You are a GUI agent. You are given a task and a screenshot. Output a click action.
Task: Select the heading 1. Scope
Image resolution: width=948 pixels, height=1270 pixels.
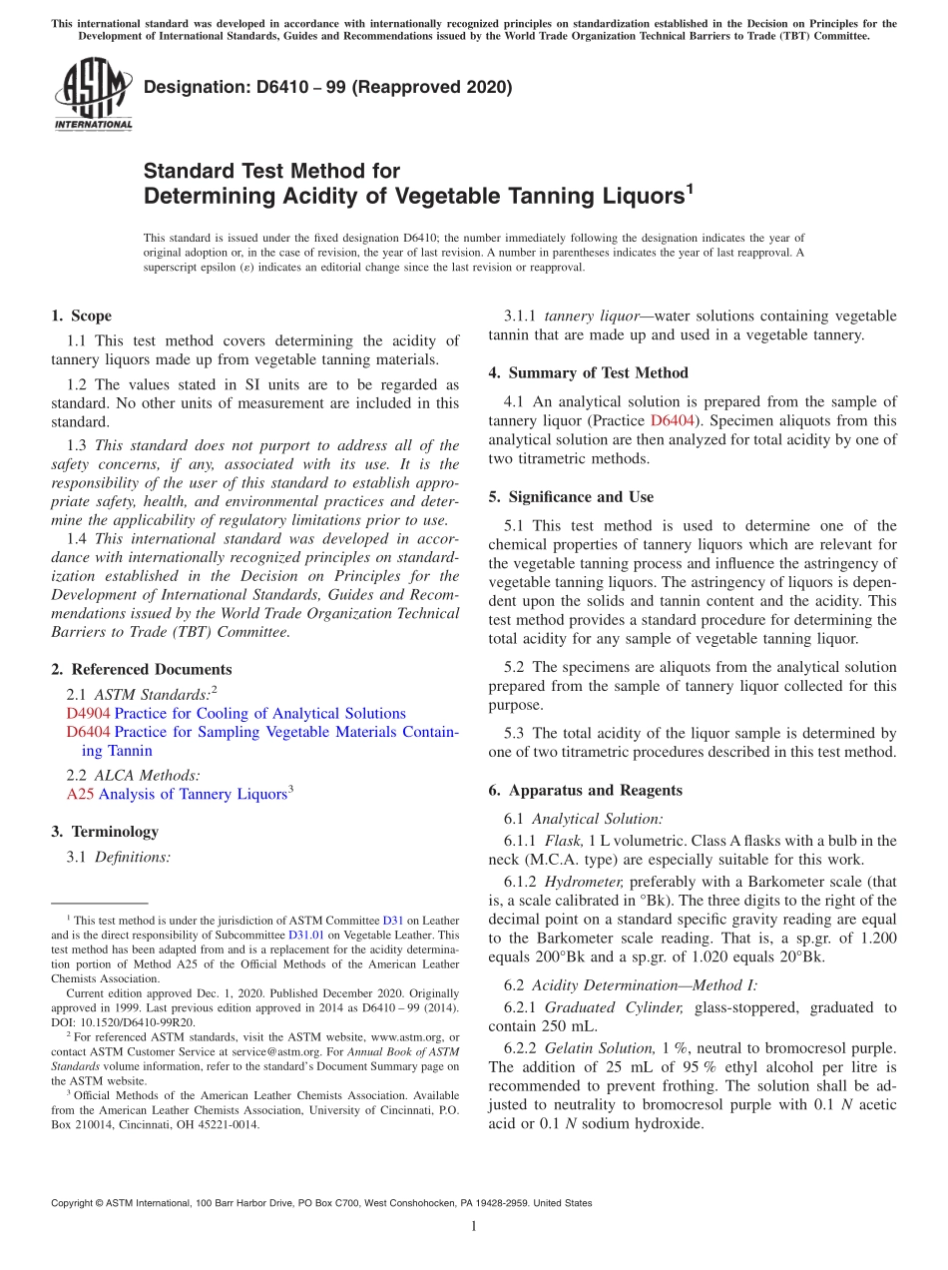(82, 317)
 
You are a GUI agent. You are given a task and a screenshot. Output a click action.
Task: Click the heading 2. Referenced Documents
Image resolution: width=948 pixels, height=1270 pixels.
(142, 670)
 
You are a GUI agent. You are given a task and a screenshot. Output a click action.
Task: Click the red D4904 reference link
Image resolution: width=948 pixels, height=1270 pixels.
(89, 714)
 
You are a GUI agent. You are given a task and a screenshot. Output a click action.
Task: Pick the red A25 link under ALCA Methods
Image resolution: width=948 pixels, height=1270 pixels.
(80, 795)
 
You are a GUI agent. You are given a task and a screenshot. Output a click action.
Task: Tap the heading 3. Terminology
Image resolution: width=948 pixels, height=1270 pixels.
(105, 832)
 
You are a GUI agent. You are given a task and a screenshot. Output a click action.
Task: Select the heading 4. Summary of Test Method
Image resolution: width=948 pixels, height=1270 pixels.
(589, 373)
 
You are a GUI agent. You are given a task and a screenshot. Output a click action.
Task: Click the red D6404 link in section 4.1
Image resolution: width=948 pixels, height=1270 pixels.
(672, 421)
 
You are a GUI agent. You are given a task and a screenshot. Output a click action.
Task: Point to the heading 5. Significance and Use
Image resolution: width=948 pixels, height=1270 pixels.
(572, 497)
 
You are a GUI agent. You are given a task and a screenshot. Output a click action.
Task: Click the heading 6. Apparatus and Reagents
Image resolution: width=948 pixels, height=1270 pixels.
(586, 791)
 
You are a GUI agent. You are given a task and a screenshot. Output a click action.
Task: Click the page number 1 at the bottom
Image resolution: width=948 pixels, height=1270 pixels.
(474, 1227)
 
